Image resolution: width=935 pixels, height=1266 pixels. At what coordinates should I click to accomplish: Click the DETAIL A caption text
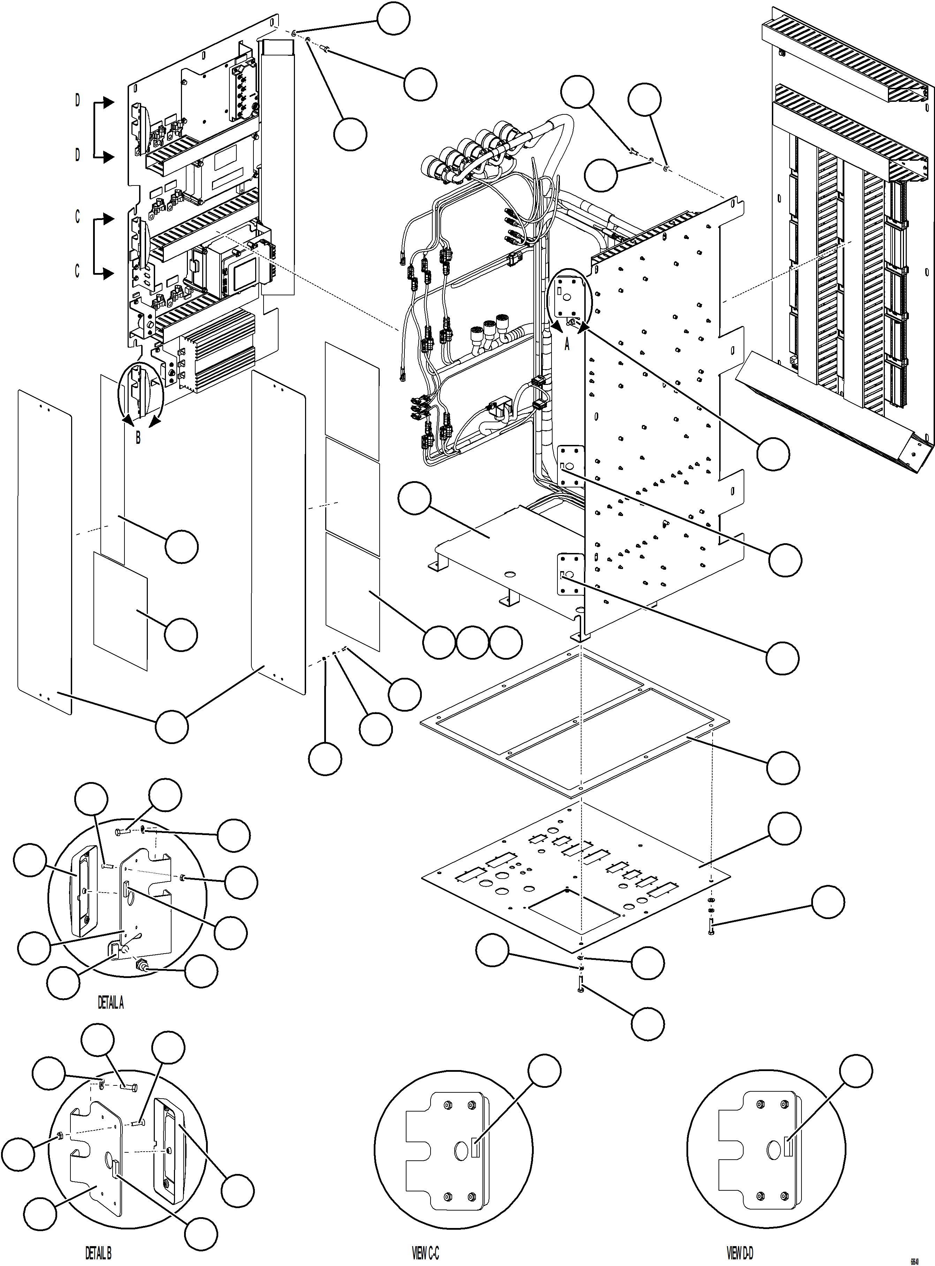click(111, 1003)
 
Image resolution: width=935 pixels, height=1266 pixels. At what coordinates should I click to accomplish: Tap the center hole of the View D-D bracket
click(774, 1150)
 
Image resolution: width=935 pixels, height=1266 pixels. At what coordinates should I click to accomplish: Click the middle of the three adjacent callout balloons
click(472, 642)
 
